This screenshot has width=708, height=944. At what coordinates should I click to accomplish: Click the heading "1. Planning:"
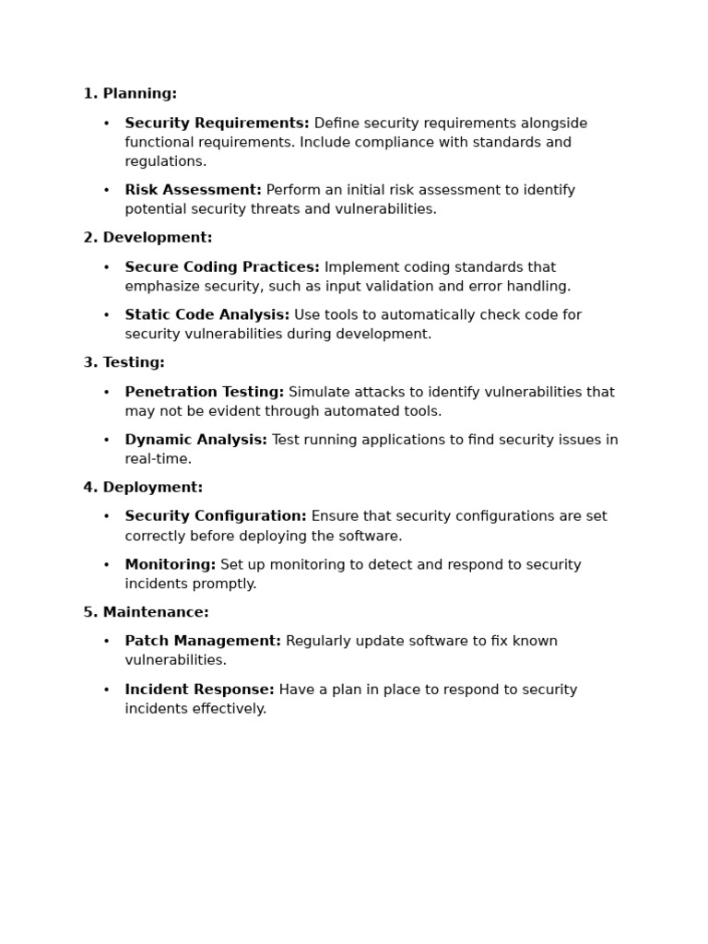[130, 94]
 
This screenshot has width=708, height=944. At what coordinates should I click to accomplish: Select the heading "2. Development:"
[147, 238]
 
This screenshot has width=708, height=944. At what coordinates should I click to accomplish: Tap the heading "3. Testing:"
[124, 363]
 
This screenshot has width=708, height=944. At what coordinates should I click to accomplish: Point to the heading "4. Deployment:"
[143, 488]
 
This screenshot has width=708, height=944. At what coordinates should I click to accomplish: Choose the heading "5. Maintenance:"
[147, 613]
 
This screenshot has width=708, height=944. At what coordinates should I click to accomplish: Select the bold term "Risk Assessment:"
[193, 191]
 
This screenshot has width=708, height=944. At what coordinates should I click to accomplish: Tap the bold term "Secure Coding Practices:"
[222, 267]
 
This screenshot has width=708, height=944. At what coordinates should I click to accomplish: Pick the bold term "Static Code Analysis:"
[206, 315]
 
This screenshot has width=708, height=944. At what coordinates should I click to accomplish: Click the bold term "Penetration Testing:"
[205, 393]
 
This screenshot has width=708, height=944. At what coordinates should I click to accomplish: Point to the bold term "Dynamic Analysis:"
[195, 441]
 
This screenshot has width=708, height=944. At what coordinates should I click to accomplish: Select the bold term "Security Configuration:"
[216, 517]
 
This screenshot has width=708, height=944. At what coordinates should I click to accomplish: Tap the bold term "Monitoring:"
[170, 565]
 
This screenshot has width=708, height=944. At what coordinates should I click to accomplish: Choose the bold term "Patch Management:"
[203, 642]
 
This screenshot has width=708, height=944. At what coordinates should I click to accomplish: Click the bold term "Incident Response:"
[199, 690]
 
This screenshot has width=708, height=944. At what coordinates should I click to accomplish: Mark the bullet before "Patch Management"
[106, 642]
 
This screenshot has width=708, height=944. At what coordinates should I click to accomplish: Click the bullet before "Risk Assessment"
[106, 191]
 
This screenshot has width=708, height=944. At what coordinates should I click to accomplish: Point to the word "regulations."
[166, 162]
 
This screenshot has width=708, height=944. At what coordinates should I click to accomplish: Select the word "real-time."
[159, 459]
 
